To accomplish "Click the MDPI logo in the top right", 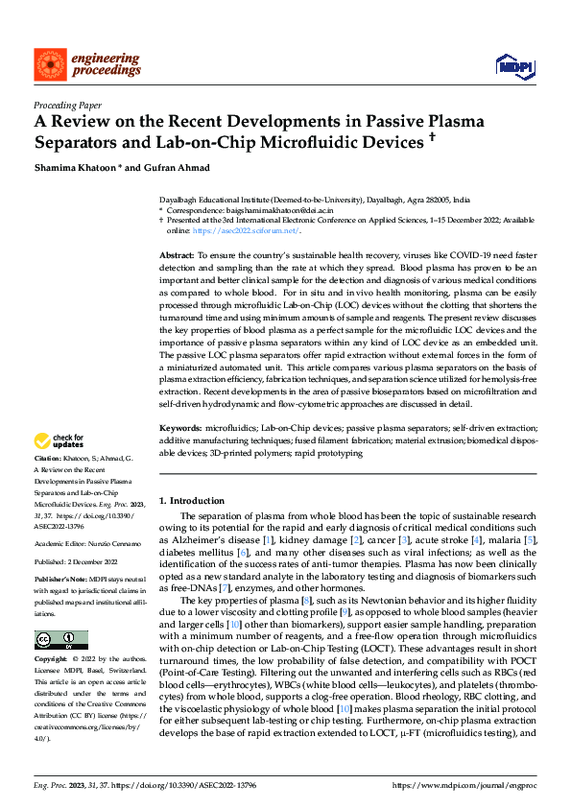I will click(x=514, y=64).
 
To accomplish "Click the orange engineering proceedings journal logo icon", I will click(x=49, y=63).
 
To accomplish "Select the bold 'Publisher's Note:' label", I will click(x=59, y=580).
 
